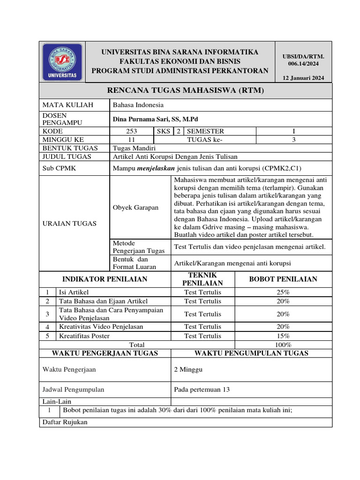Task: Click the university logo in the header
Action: click(x=62, y=61)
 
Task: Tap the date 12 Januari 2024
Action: click(x=306, y=78)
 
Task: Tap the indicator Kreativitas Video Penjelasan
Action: click(x=101, y=327)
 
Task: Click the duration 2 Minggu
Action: click(x=188, y=369)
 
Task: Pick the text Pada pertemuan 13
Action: click(x=202, y=389)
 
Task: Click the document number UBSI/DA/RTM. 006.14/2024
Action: click(x=306, y=60)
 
